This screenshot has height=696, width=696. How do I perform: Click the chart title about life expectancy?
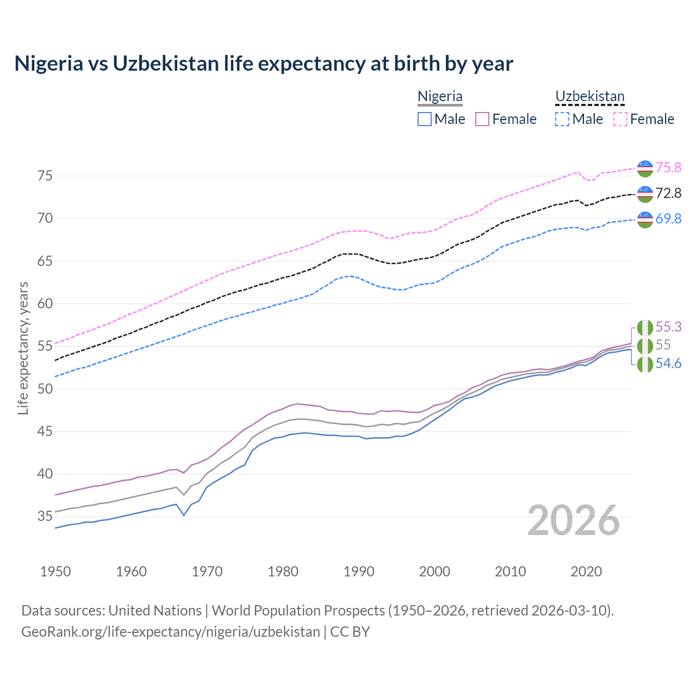pos(264,64)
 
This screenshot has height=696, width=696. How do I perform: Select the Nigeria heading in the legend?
pos(440,96)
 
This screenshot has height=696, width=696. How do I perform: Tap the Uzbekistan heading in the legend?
pos(589,96)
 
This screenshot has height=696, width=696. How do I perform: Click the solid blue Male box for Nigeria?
pos(425,119)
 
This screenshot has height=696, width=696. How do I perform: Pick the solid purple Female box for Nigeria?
pos(483,119)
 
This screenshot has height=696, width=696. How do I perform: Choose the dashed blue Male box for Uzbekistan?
pos(563,119)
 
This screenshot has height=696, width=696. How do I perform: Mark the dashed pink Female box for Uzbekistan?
pos(620,119)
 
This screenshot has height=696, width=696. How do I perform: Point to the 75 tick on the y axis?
pos(45,176)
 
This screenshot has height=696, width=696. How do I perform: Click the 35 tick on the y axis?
pos(45,516)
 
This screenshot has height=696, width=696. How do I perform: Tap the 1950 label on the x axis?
pos(55,571)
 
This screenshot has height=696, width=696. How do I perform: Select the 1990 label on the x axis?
pos(359,571)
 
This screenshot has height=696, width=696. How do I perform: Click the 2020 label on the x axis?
pos(586,571)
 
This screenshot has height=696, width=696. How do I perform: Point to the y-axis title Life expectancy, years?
pos(23,348)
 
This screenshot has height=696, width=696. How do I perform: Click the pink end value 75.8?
pos(668,167)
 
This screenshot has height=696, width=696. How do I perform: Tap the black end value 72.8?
pos(668,193)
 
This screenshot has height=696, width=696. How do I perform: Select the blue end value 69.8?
pos(668,219)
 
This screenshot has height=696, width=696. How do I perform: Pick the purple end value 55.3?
pos(668,327)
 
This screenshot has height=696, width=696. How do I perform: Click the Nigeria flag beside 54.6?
pos(645,364)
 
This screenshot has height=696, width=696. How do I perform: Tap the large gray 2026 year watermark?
pos(574,520)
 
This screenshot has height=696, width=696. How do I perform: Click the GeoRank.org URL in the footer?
pos(171,632)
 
